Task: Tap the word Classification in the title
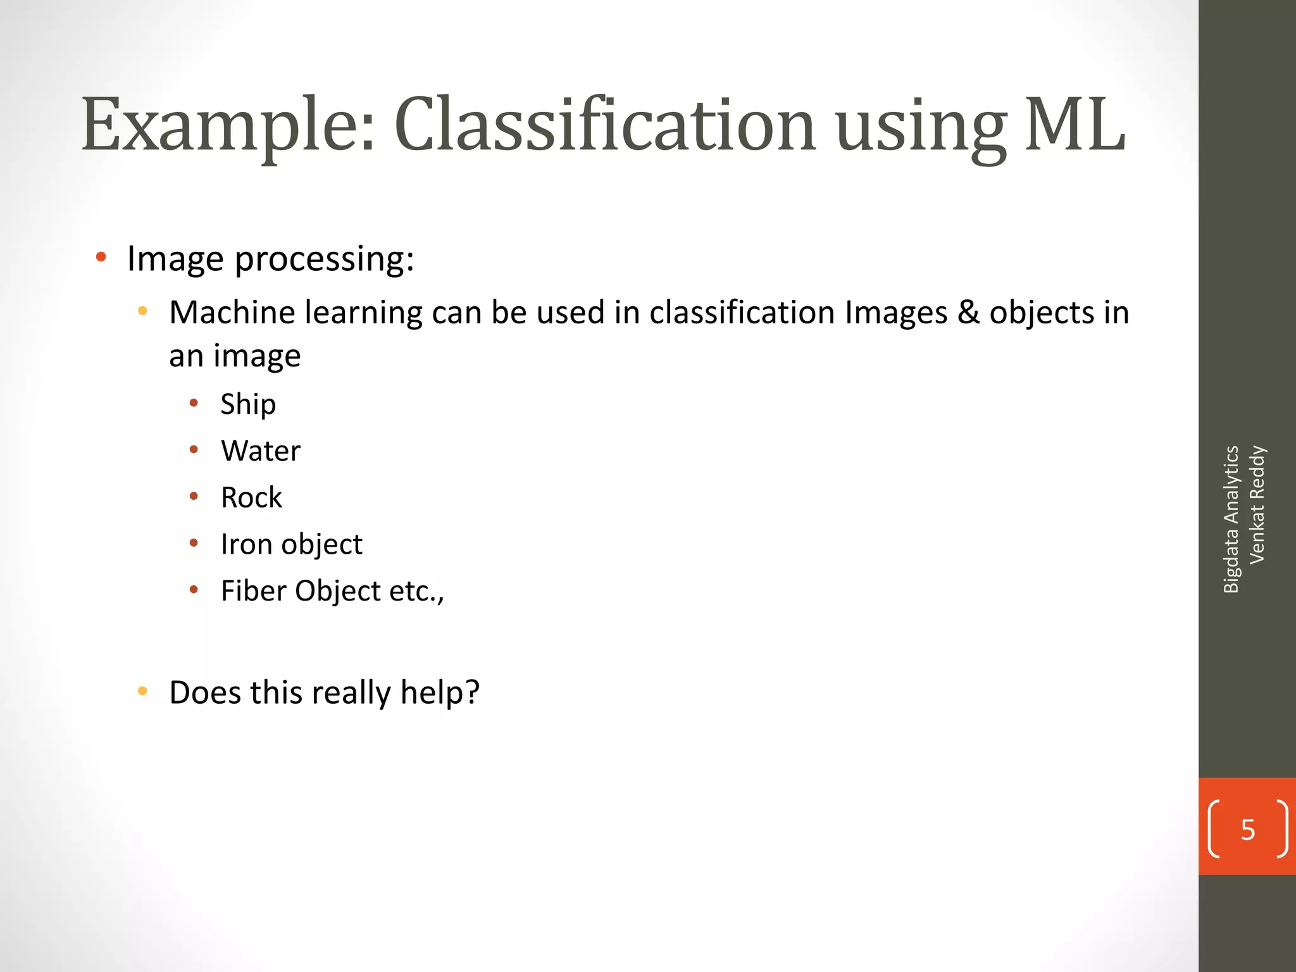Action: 605,125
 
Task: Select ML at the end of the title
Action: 1075,125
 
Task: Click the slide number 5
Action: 1247,830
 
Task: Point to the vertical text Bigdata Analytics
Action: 1231,519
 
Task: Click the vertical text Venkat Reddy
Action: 1257,504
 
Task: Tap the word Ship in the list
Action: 248,404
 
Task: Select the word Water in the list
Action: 261,451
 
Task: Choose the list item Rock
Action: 251,497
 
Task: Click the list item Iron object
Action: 291,544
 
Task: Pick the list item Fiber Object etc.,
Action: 332,591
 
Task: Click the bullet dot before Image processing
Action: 101,258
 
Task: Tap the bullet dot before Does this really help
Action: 142,691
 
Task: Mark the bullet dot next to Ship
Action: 194,403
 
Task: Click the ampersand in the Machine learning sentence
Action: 968,313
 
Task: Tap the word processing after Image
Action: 324,259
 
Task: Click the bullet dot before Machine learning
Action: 142,311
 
